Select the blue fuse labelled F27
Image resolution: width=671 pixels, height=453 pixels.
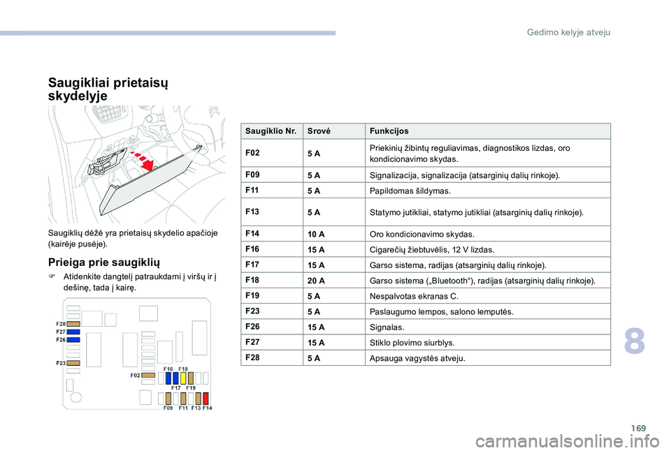pyautogui.click(x=73, y=332)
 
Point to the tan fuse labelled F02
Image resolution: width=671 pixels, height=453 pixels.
pyautogui.click(x=148, y=375)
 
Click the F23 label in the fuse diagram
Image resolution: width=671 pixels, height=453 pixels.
pyautogui.click(x=61, y=364)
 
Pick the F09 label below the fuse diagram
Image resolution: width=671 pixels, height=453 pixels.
pyautogui.click(x=168, y=408)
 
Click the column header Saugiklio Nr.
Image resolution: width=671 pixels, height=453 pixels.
pyautogui.click(x=270, y=131)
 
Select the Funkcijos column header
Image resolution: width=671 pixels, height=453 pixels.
pyautogui.click(x=389, y=131)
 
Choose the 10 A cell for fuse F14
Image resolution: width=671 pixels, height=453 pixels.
pyautogui.click(x=316, y=234)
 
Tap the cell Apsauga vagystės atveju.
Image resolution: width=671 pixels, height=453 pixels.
pyautogui.click(x=417, y=359)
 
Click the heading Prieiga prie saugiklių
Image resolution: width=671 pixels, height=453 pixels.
pyautogui.click(x=104, y=262)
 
